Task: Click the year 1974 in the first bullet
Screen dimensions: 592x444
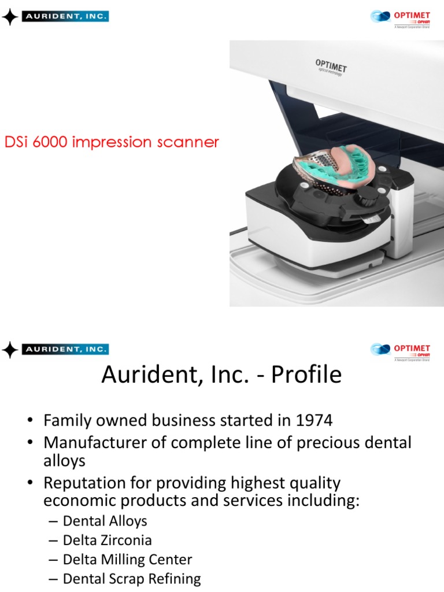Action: pyautogui.click(x=314, y=420)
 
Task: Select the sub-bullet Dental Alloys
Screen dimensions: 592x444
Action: pyautogui.click(x=105, y=521)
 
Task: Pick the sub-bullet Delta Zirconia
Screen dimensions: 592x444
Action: pyautogui.click(x=107, y=541)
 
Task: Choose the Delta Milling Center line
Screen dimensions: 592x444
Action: pyautogui.click(x=127, y=560)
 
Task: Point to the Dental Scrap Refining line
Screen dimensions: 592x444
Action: pyautogui.click(x=131, y=579)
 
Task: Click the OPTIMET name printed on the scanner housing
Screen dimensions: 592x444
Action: pyautogui.click(x=331, y=65)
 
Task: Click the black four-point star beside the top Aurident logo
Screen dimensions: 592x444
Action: pyautogui.click(x=10, y=17)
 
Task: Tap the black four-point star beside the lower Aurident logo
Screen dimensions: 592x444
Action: pyautogui.click(x=10, y=349)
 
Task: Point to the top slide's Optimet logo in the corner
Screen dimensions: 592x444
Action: pyautogui.click(x=400, y=17)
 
